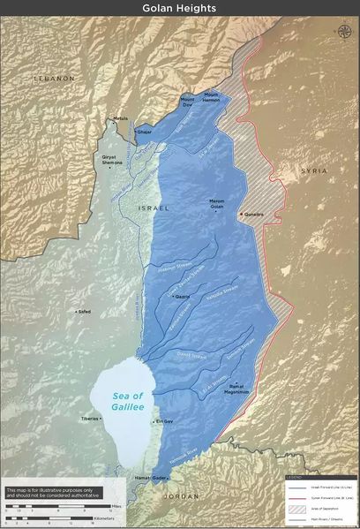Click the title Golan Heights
180,8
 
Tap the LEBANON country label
54,79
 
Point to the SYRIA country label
312,170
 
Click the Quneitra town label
257,214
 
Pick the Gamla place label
183,297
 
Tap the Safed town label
84,311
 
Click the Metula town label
120,118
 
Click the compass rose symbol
342,31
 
